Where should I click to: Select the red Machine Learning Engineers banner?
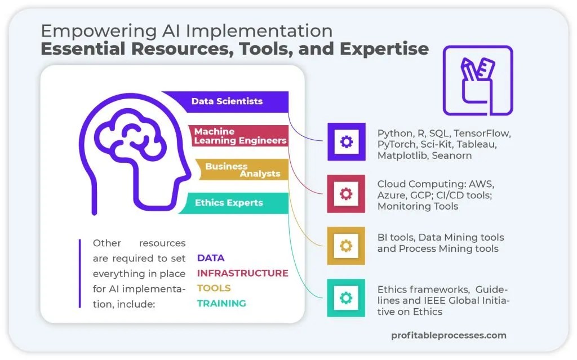point(240,136)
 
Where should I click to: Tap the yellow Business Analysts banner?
point(242,170)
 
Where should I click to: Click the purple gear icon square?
point(346,141)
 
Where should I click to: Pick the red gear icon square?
point(346,194)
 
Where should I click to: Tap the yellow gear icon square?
point(346,246)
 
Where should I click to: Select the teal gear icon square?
point(346,297)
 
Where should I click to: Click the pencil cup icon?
point(477,81)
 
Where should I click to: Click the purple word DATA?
point(211,258)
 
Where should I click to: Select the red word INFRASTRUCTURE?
point(242,273)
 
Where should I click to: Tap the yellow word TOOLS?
point(214,288)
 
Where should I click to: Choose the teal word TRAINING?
point(221,304)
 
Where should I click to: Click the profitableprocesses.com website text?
point(449,335)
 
